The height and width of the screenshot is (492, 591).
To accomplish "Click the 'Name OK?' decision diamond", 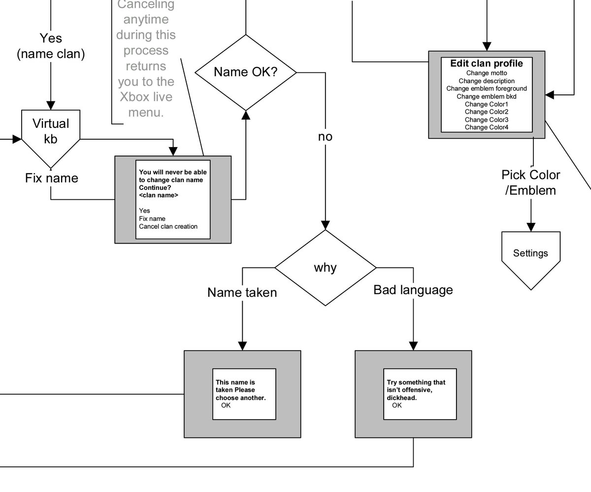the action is tap(246, 72).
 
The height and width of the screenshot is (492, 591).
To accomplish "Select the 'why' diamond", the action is tap(326, 268).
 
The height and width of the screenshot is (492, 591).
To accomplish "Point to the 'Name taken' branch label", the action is tap(242, 292).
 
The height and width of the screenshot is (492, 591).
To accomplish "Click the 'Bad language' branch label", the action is tap(413, 290).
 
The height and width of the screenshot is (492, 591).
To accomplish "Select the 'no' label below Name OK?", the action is tap(325, 137).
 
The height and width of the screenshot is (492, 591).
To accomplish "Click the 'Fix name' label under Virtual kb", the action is tap(52, 178).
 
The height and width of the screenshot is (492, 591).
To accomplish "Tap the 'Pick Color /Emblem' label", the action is tap(531, 183).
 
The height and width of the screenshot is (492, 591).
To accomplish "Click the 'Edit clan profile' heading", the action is tap(487, 63).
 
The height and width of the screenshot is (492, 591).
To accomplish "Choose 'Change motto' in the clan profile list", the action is tap(487, 73).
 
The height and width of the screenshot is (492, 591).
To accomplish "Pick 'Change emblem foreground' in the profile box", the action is tap(487, 89).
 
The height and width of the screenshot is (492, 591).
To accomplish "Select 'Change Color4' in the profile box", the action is tap(487, 127).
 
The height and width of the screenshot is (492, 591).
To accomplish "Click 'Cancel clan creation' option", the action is tap(168, 226).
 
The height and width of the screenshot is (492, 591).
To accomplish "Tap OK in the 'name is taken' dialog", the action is tap(226, 405).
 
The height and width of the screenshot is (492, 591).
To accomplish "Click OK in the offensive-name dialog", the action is tap(397, 405).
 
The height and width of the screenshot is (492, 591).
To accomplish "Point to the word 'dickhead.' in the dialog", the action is tap(402, 398).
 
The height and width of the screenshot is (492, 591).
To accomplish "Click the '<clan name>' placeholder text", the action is tap(159, 195).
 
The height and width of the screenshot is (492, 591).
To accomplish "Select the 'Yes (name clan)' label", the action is tap(51, 46).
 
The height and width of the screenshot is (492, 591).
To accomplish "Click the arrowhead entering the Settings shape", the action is tap(531, 227).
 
